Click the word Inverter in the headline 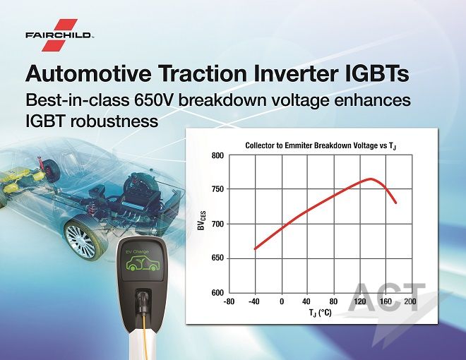(x=295, y=73)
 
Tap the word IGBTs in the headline (x=376, y=73)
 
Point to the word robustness (x=114, y=121)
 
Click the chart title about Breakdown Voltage (x=321, y=145)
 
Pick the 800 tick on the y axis (x=217, y=155)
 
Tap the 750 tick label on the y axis (x=217, y=189)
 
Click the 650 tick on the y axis (x=217, y=258)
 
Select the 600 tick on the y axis (x=217, y=292)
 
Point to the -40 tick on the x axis (x=253, y=302)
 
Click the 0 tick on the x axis (x=282, y=302)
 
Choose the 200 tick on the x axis (x=410, y=302)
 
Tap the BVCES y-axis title (x=202, y=220)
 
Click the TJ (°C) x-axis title (x=320, y=313)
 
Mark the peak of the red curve (x=370, y=179)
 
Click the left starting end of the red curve (x=255, y=249)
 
